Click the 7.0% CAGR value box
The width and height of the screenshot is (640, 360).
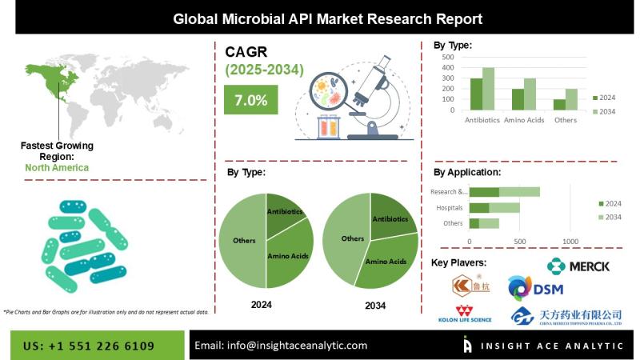[250, 101]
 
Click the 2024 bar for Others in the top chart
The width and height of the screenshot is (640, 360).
[559, 105]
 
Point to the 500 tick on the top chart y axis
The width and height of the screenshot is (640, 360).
[446, 57]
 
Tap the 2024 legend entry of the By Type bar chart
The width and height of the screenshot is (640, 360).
[604, 98]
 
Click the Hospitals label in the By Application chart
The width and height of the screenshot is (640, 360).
[449, 207]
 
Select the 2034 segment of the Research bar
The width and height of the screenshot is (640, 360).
[519, 192]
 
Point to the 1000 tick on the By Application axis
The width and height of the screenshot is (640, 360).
[570, 241]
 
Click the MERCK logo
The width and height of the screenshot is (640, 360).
[578, 266]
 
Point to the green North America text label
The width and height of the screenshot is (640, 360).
[57, 168]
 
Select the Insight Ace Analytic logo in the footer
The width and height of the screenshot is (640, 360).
[543, 346]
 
